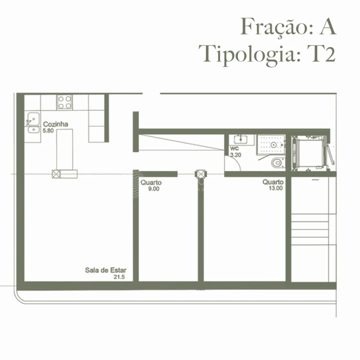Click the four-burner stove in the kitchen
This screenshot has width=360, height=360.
(64, 102)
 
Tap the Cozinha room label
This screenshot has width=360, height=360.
(56, 124)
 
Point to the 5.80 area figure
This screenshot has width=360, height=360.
(48, 130)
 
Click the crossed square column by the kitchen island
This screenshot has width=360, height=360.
(56, 174)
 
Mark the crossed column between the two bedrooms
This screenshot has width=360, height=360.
(200, 174)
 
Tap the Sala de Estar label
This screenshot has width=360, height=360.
(105, 270)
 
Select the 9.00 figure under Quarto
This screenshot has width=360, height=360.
(154, 189)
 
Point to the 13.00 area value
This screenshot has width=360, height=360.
(276, 188)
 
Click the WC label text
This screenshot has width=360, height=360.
(234, 149)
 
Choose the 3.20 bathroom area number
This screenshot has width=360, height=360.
(236, 154)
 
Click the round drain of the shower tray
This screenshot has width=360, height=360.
(274, 145)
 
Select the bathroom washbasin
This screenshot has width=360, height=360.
(241, 140)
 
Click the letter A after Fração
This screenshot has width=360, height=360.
(327, 27)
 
